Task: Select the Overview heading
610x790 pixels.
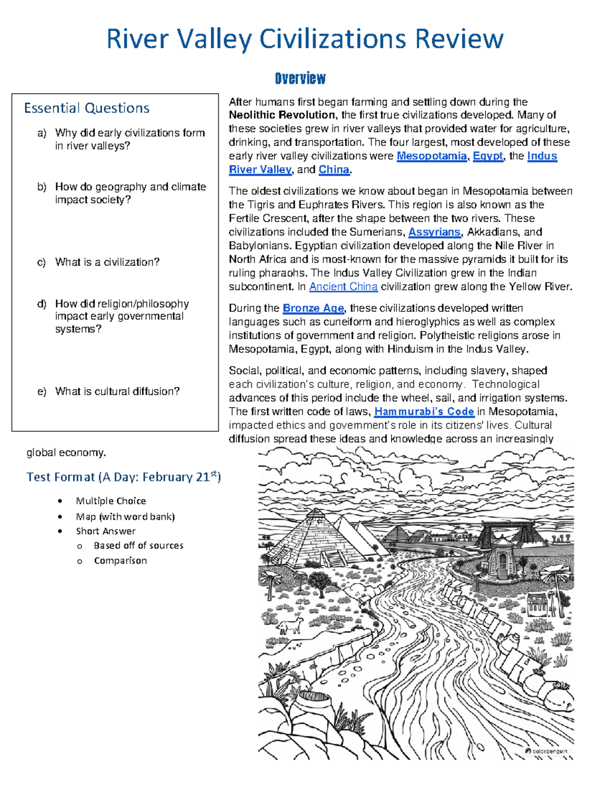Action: (x=300, y=78)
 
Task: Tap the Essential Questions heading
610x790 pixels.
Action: (x=86, y=108)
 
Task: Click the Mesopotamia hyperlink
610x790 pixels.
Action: (x=431, y=156)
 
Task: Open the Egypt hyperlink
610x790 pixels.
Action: (x=487, y=156)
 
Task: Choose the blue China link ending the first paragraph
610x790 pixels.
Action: (x=333, y=170)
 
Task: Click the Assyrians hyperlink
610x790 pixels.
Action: (x=434, y=232)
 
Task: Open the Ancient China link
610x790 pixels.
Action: (x=343, y=287)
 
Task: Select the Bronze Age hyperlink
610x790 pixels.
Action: (x=313, y=308)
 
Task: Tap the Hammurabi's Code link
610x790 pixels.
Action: (x=424, y=412)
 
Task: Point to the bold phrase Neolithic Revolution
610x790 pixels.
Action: (x=282, y=115)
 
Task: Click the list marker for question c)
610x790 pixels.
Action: (x=42, y=262)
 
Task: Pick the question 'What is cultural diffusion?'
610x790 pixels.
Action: (x=117, y=392)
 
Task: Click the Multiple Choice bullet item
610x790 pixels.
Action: (x=111, y=501)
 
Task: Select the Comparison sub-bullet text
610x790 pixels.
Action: (x=120, y=561)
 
